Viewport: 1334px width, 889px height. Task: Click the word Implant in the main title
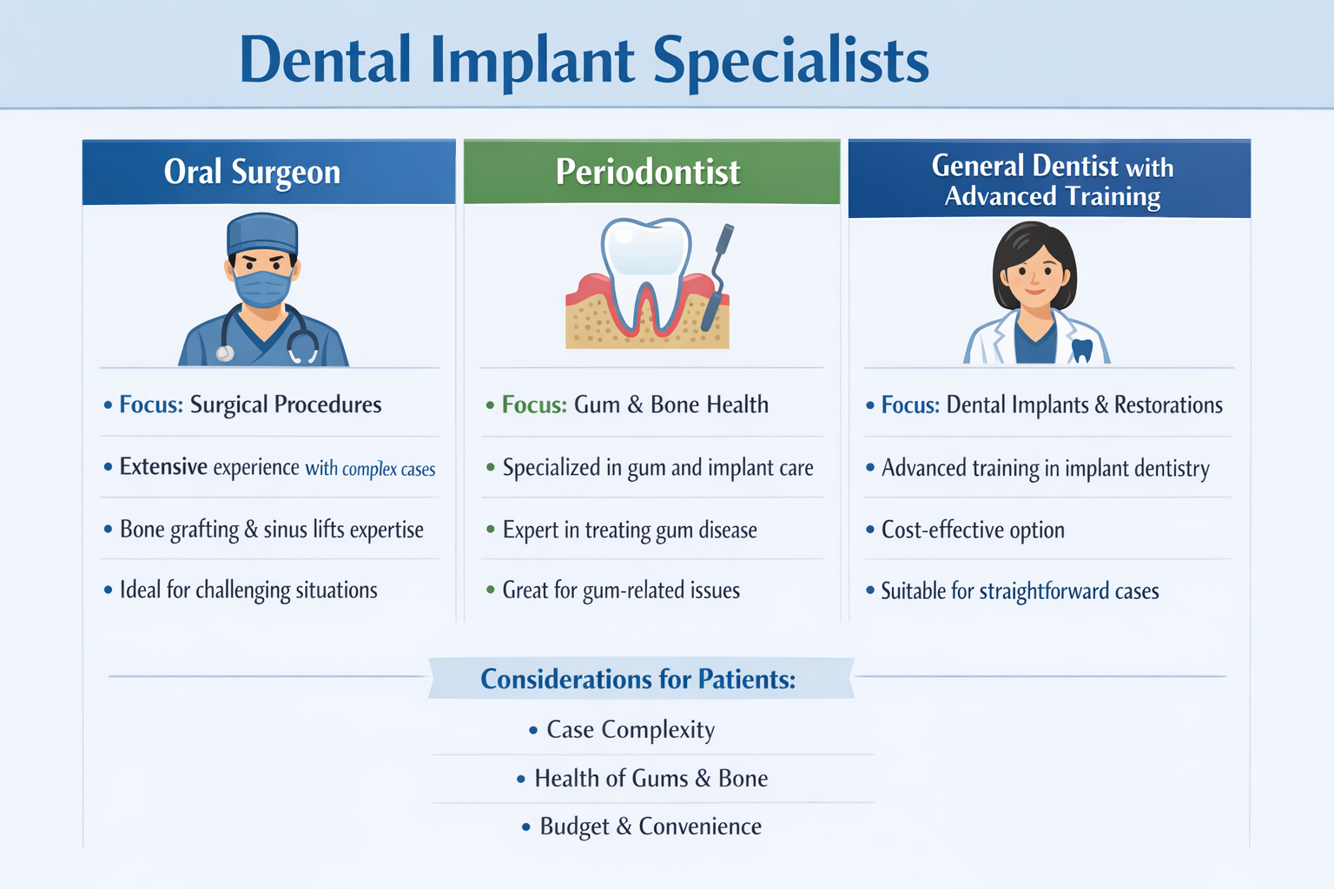[x=532, y=61]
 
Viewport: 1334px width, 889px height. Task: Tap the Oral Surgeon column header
[x=252, y=172]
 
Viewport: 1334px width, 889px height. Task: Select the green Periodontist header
[x=648, y=172]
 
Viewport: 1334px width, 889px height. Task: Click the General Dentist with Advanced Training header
[x=1052, y=180]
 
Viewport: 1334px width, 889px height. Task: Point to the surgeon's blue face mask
[x=262, y=288]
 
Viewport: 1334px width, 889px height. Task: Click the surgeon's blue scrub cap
[x=262, y=233]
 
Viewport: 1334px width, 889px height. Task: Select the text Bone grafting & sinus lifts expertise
[x=271, y=530]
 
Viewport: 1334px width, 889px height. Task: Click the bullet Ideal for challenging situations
[x=248, y=590]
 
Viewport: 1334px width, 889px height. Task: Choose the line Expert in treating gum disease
[x=630, y=530]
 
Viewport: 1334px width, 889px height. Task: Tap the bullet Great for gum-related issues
[x=621, y=590]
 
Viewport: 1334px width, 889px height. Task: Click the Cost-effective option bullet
[x=973, y=530]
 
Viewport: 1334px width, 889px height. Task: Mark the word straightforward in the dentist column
[x=1044, y=591]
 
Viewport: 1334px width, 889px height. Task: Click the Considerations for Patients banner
[x=638, y=679]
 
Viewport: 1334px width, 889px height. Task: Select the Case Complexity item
[x=631, y=730]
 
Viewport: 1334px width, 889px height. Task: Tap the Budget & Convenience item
[x=650, y=826]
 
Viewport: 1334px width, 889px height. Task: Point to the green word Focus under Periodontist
[x=534, y=405]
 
